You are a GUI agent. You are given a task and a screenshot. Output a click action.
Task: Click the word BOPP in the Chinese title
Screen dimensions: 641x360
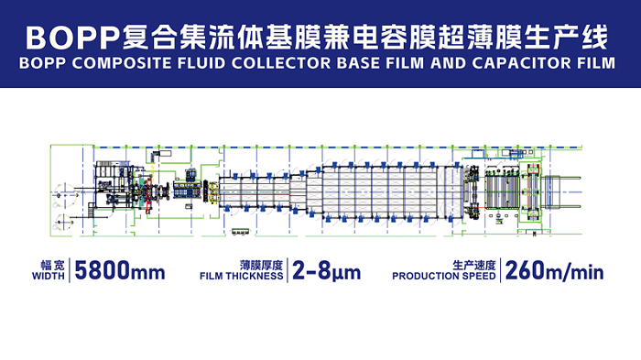pyautogui.click(x=72, y=38)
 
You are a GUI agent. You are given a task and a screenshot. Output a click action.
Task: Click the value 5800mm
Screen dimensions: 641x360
pyautogui.click(x=120, y=271)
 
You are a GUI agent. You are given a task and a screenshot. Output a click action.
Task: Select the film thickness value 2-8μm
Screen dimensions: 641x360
pyautogui.click(x=327, y=271)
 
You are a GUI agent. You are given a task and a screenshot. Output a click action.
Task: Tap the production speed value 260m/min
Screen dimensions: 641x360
pyautogui.click(x=554, y=271)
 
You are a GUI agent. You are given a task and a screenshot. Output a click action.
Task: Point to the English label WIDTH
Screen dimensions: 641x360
pyautogui.click(x=49, y=276)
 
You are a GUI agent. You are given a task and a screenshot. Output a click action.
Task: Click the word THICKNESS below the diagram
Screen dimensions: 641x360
pyautogui.click(x=255, y=276)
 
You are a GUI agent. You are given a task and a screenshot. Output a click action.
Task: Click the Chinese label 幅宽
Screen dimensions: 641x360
pyautogui.click(x=53, y=265)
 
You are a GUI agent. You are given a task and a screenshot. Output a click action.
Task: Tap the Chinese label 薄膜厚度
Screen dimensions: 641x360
pyautogui.click(x=261, y=265)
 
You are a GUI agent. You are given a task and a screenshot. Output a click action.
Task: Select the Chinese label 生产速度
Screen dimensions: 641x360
pyautogui.click(x=474, y=265)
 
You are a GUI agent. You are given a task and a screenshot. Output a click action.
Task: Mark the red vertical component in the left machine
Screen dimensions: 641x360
pyautogui.click(x=149, y=191)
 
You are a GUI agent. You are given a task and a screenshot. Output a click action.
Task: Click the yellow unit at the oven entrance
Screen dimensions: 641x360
pyautogui.click(x=213, y=191)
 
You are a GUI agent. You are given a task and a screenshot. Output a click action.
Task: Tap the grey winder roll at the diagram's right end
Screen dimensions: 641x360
pyautogui.click(x=552, y=191)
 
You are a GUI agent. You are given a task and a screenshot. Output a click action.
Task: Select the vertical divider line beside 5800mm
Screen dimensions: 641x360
pyautogui.click(x=70, y=270)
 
